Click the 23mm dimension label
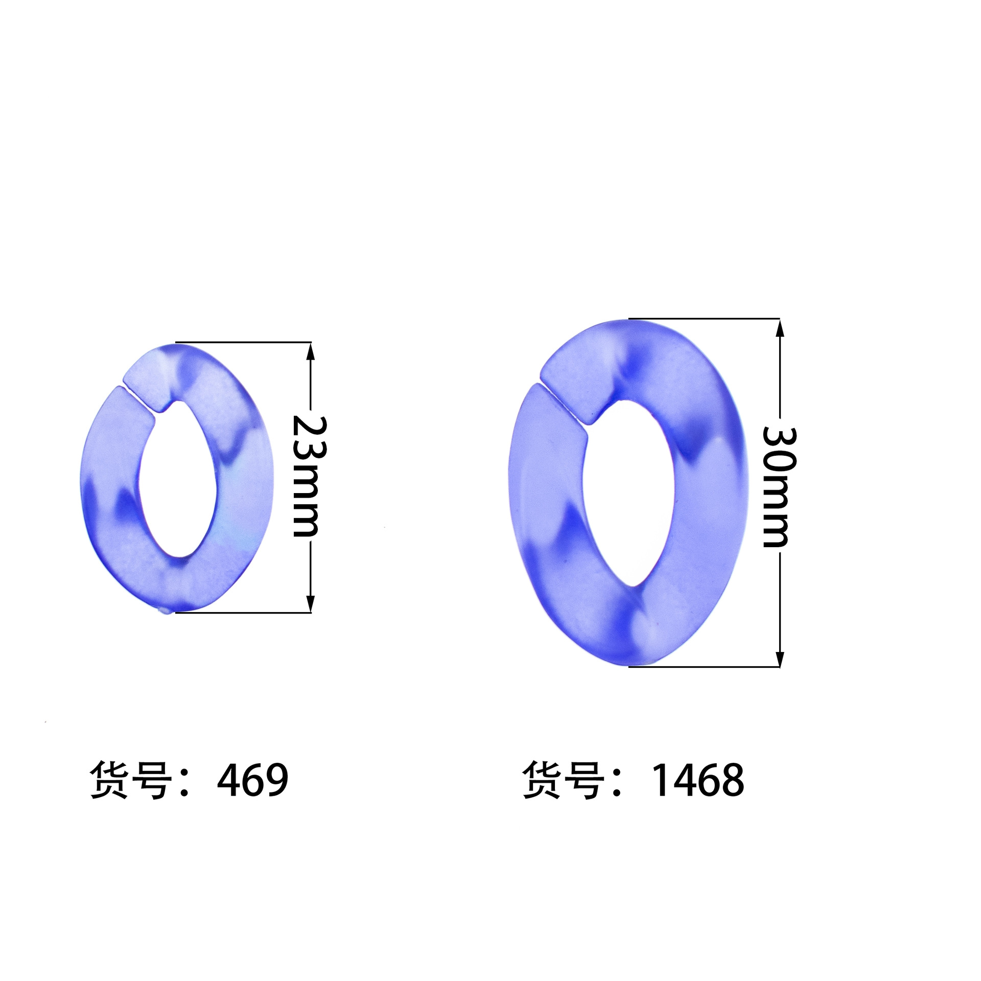309,476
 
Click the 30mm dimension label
779,487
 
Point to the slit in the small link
139,398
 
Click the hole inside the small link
176,478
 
